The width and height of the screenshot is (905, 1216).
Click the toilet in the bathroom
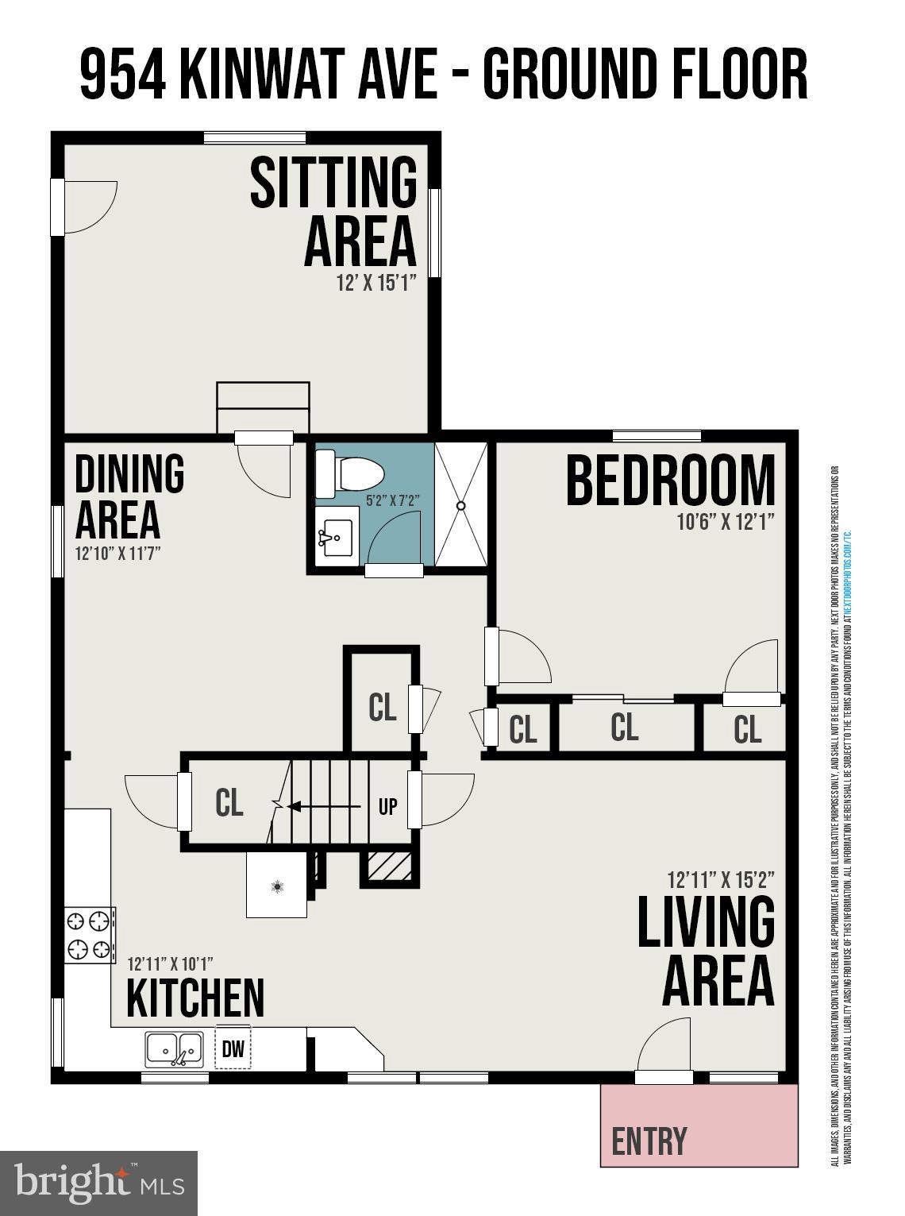(349, 474)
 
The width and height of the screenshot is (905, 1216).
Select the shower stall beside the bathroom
(461, 504)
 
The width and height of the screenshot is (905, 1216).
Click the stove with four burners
(88, 935)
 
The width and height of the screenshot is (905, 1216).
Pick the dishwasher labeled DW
(233, 1048)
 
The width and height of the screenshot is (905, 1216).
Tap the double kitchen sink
(174, 1048)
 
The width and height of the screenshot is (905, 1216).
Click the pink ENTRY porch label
(649, 1141)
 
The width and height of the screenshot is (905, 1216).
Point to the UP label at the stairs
(387, 807)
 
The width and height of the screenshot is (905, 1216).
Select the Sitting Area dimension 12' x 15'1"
(376, 284)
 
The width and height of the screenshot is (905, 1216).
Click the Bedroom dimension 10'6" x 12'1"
(726, 521)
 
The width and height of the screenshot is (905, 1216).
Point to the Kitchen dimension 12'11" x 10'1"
(170, 964)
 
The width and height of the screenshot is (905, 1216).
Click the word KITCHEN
(195, 998)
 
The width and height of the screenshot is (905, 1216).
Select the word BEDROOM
(670, 481)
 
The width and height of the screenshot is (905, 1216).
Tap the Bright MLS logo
(98, 1183)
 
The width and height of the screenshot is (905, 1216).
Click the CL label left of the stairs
(229, 803)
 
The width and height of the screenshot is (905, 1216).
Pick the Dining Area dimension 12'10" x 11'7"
(117, 554)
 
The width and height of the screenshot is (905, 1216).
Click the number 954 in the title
(123, 74)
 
